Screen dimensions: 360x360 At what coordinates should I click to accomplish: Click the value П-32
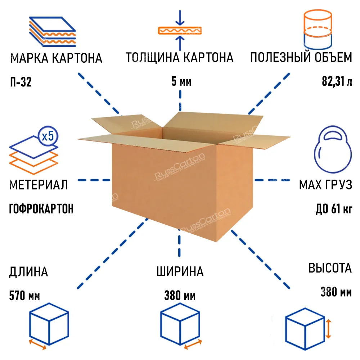point(21,83)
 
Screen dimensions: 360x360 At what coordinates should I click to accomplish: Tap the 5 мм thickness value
point(181,82)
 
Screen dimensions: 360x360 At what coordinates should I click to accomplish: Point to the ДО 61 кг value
point(334,209)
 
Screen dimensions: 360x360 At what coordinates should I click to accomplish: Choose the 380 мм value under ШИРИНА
point(180,296)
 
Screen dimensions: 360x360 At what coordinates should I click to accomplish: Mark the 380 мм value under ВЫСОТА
point(336,292)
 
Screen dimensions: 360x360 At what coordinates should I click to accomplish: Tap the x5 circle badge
point(48,136)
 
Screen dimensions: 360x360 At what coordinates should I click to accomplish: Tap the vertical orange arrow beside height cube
point(329,328)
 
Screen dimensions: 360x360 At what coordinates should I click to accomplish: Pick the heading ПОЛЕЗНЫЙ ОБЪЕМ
point(301,58)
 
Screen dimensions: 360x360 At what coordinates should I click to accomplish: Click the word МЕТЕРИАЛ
point(39,185)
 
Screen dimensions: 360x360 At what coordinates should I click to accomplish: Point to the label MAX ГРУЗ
point(325,185)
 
